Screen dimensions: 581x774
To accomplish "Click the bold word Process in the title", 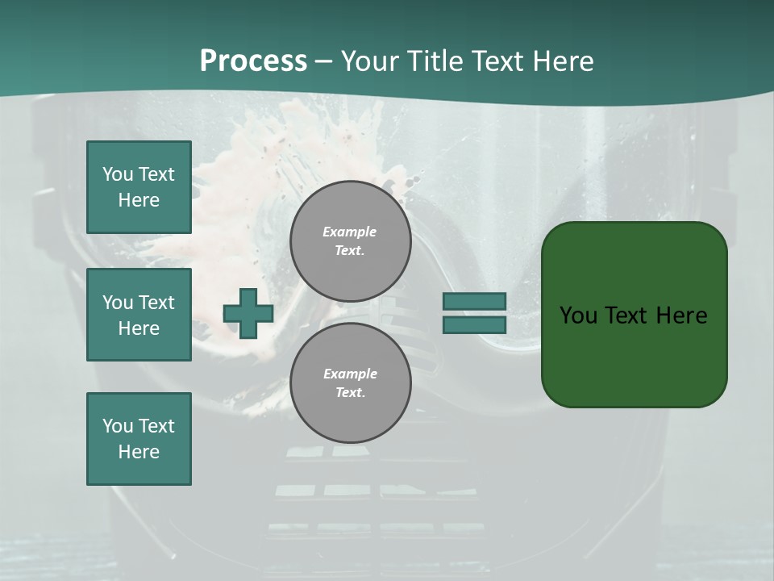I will (253, 61).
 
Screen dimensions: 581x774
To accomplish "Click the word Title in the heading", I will (433, 61).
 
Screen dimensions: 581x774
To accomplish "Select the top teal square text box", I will (139, 187).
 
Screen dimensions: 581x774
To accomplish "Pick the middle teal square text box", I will (139, 315).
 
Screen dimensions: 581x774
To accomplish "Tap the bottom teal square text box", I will (139, 438).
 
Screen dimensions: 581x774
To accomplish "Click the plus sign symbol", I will (248, 313).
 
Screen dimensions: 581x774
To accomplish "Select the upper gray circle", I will (350, 240).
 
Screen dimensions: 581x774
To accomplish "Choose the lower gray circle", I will (350, 382).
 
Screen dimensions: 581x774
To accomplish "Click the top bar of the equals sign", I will (474, 302).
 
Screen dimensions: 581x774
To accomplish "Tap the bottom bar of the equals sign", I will (474, 325).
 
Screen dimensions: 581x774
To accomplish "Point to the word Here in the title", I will (561, 61).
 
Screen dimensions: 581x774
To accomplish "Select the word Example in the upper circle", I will (350, 232).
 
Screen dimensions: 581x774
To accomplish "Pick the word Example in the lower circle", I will (350, 374).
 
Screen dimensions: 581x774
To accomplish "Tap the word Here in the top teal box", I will (139, 200).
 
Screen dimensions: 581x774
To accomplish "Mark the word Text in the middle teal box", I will (156, 303).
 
